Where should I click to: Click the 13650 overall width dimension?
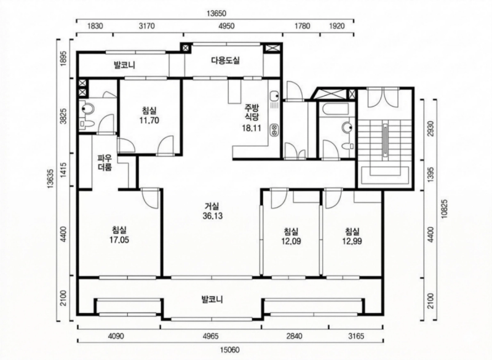pyautogui.click(x=216, y=14)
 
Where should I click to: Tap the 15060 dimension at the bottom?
pyautogui.click(x=230, y=350)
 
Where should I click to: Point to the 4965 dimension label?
pyautogui.click(x=210, y=336)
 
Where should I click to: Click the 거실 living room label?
pyautogui.click(x=212, y=206)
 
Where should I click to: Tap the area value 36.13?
pyautogui.click(x=212, y=216)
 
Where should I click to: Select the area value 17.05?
pyautogui.click(x=119, y=240)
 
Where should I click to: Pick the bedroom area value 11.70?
pyautogui.click(x=149, y=120)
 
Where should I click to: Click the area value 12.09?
pyautogui.click(x=291, y=241)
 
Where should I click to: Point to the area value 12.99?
pyautogui.click(x=352, y=241)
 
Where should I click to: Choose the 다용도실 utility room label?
pyautogui.click(x=225, y=60)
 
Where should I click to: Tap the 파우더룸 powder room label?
pyautogui.click(x=105, y=162)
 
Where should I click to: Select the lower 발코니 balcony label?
pyautogui.click(x=212, y=300)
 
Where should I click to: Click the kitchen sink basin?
pyautogui.click(x=274, y=95)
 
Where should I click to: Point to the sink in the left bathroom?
pyautogui.click(x=87, y=109)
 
